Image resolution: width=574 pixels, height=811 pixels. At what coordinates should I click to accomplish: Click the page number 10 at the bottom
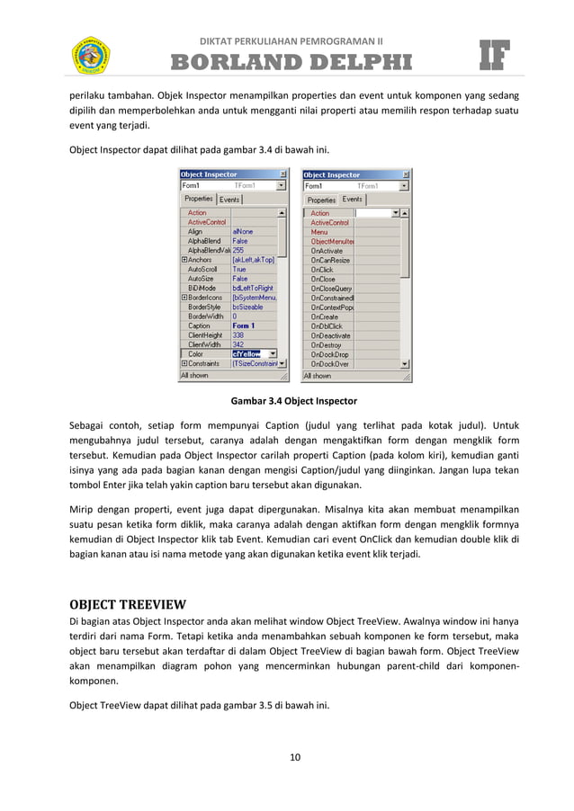click(x=294, y=756)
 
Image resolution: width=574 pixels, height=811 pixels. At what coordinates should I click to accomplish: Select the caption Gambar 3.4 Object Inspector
click(x=294, y=400)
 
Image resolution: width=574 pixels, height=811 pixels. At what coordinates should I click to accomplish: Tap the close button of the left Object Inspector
click(x=283, y=174)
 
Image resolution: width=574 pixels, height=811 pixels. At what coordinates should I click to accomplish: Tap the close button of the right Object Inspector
click(x=406, y=174)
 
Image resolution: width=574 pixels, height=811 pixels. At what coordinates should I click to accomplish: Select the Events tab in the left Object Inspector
click(x=230, y=199)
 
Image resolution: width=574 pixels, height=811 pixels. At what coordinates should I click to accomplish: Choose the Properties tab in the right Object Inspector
click(x=321, y=200)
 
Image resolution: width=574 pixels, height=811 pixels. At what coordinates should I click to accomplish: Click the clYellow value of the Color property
click(x=248, y=354)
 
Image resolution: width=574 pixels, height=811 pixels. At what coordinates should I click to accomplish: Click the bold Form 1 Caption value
click(x=244, y=325)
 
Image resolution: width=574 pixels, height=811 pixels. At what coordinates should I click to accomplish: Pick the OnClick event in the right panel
click(x=322, y=270)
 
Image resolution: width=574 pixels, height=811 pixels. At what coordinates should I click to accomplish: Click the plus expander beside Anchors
click(x=184, y=260)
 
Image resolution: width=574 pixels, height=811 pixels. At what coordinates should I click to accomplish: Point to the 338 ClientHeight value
click(x=238, y=335)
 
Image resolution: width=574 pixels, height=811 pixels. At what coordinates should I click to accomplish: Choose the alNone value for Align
click(x=242, y=232)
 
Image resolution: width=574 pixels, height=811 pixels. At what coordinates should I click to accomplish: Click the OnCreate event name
click(x=324, y=316)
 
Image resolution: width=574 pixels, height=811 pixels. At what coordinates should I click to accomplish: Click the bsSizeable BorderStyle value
click(x=247, y=307)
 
